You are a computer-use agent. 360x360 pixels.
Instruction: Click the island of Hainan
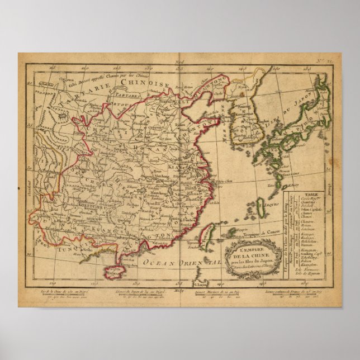(x=116, y=272)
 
